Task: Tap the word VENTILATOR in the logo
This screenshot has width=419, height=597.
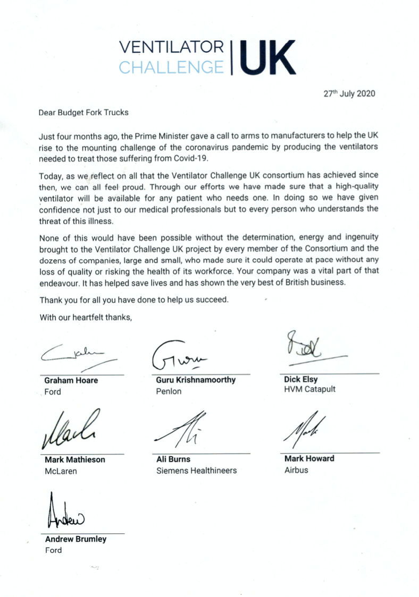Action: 172,48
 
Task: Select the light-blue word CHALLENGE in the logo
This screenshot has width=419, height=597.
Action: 171,67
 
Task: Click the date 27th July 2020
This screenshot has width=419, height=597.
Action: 349,93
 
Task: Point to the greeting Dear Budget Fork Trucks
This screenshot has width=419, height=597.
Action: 84,113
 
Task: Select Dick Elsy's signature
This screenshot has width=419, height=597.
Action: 308,348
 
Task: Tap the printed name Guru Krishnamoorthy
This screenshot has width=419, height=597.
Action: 196,380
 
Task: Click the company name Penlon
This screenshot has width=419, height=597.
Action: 169,391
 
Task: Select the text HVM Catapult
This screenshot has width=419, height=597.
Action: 310,389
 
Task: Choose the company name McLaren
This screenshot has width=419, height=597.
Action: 61,471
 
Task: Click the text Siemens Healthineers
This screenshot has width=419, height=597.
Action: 196,470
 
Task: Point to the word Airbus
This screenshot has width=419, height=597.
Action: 296,470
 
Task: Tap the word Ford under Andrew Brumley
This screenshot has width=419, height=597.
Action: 53,550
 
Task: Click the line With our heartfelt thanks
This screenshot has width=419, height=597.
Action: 86,318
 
